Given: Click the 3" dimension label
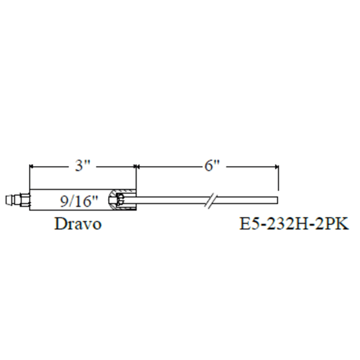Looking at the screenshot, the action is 82,165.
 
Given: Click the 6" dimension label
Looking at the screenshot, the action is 212,165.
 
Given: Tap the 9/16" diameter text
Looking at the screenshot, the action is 79,201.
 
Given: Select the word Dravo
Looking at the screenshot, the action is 78,224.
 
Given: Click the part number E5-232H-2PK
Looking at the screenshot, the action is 294,224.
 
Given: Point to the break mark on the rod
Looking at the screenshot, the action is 211,201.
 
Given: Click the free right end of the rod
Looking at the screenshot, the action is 278,200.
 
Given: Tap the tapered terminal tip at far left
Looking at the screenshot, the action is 9,200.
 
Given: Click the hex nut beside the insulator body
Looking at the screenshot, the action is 24,200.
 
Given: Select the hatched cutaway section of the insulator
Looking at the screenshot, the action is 122,200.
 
